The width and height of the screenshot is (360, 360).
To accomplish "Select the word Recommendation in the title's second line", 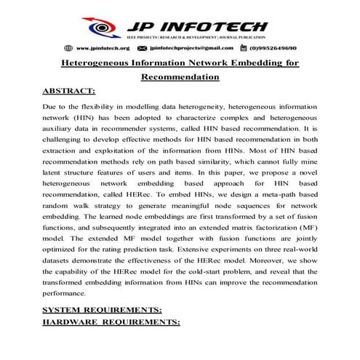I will pos(179,76).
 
